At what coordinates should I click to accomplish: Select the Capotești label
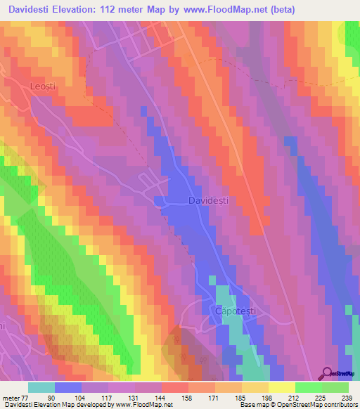click(x=231, y=309)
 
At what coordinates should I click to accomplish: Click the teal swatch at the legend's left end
click(x=41, y=387)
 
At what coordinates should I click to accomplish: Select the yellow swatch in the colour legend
click(x=282, y=387)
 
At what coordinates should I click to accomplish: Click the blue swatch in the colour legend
click(x=68, y=387)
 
